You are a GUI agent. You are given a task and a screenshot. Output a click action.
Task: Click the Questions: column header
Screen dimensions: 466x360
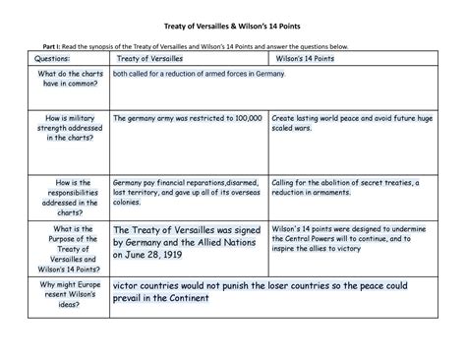(58, 60)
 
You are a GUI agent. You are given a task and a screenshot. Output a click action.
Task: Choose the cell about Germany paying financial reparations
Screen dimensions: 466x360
(187, 194)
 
